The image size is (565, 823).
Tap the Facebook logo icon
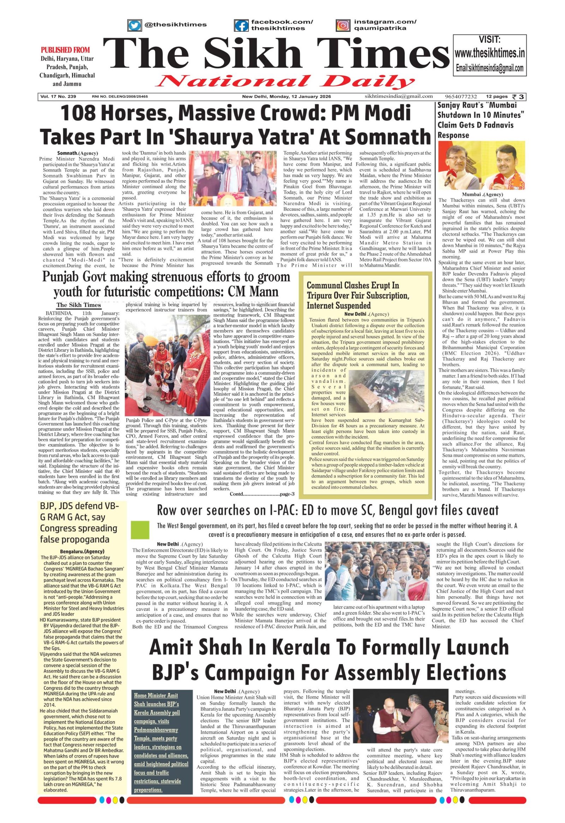point(242,25)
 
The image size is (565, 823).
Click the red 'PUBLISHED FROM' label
point(65,49)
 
